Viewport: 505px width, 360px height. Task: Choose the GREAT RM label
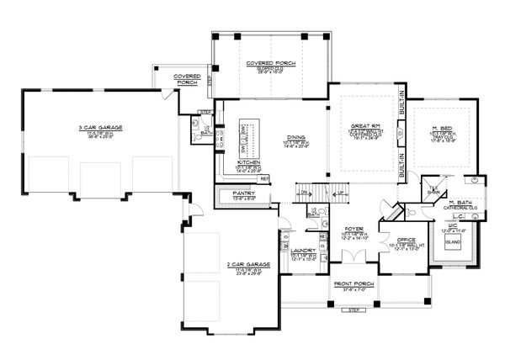tap(361, 127)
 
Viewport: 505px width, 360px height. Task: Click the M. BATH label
tap(459, 202)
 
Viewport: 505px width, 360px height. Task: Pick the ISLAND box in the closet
tap(460, 245)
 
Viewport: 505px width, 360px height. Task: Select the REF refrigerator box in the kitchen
tap(263, 178)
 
